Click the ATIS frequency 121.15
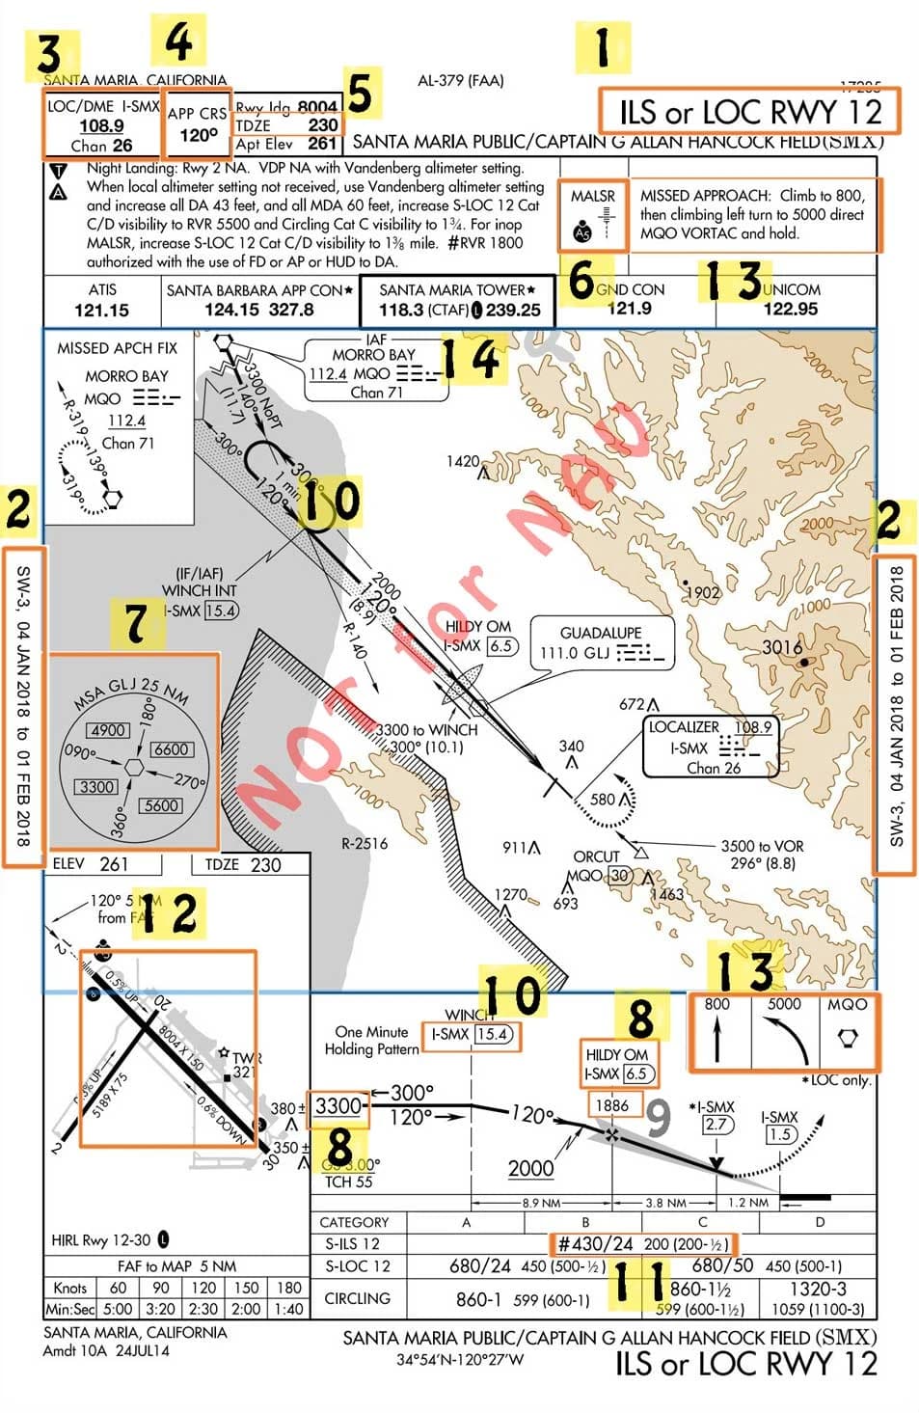coord(101,310)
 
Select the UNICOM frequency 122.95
coord(790,309)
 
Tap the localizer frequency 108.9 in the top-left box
coord(101,125)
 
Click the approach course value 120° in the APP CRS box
coord(199,134)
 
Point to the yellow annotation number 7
coord(136,622)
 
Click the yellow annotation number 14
coord(472,359)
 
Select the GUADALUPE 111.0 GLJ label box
coord(600,643)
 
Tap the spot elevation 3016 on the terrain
coord(782,647)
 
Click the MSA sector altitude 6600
coord(171,748)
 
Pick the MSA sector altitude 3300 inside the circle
coord(97,786)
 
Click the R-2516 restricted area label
coord(365,843)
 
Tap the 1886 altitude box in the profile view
coord(612,1105)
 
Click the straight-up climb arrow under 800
coord(716,1041)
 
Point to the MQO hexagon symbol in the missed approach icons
coord(847,1039)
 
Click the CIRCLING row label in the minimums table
coord(357,1298)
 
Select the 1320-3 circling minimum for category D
coord(819,1290)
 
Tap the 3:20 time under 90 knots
coord(161,1309)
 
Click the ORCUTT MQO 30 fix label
coord(598,865)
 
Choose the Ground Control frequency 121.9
coord(629,309)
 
